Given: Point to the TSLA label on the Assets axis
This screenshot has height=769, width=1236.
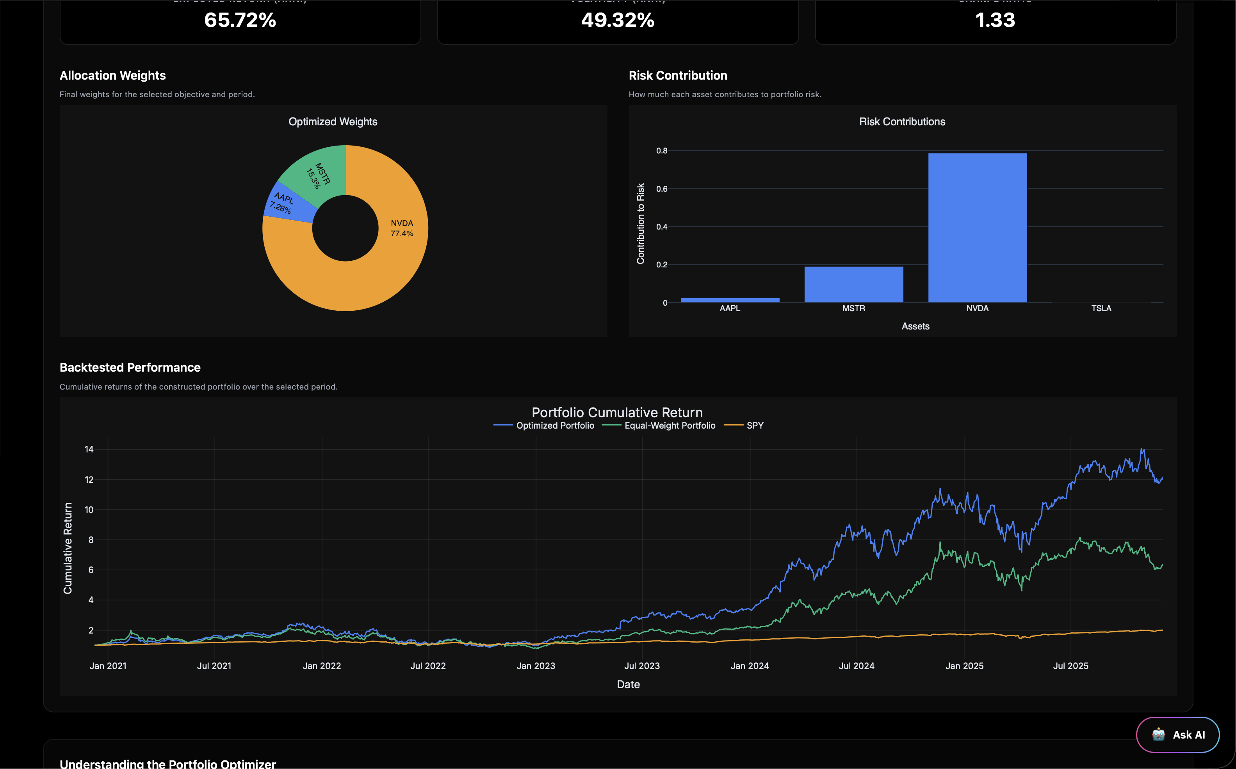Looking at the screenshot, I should (1101, 308).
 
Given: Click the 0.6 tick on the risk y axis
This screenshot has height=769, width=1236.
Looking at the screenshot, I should (661, 189).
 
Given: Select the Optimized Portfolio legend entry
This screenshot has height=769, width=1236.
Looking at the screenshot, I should (554, 425).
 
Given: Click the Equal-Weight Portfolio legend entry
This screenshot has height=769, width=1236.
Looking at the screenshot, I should (669, 425).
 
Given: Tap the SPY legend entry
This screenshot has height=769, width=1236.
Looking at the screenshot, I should (754, 425).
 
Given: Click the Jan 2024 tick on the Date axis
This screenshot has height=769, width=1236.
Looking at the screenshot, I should (749, 666).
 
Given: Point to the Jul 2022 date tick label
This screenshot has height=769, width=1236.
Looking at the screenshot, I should (428, 666).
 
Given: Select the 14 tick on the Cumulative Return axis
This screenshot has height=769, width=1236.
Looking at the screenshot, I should (89, 449).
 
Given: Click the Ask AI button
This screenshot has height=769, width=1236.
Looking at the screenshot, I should (1177, 734).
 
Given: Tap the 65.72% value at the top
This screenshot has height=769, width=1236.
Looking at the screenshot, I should (240, 20).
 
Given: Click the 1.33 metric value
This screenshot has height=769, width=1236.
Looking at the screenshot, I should (995, 20).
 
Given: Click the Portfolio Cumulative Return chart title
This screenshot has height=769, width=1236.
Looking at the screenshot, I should (617, 413).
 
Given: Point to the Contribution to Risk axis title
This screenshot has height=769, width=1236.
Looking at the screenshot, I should (640, 223).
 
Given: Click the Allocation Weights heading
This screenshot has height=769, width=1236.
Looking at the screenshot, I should (112, 75).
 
